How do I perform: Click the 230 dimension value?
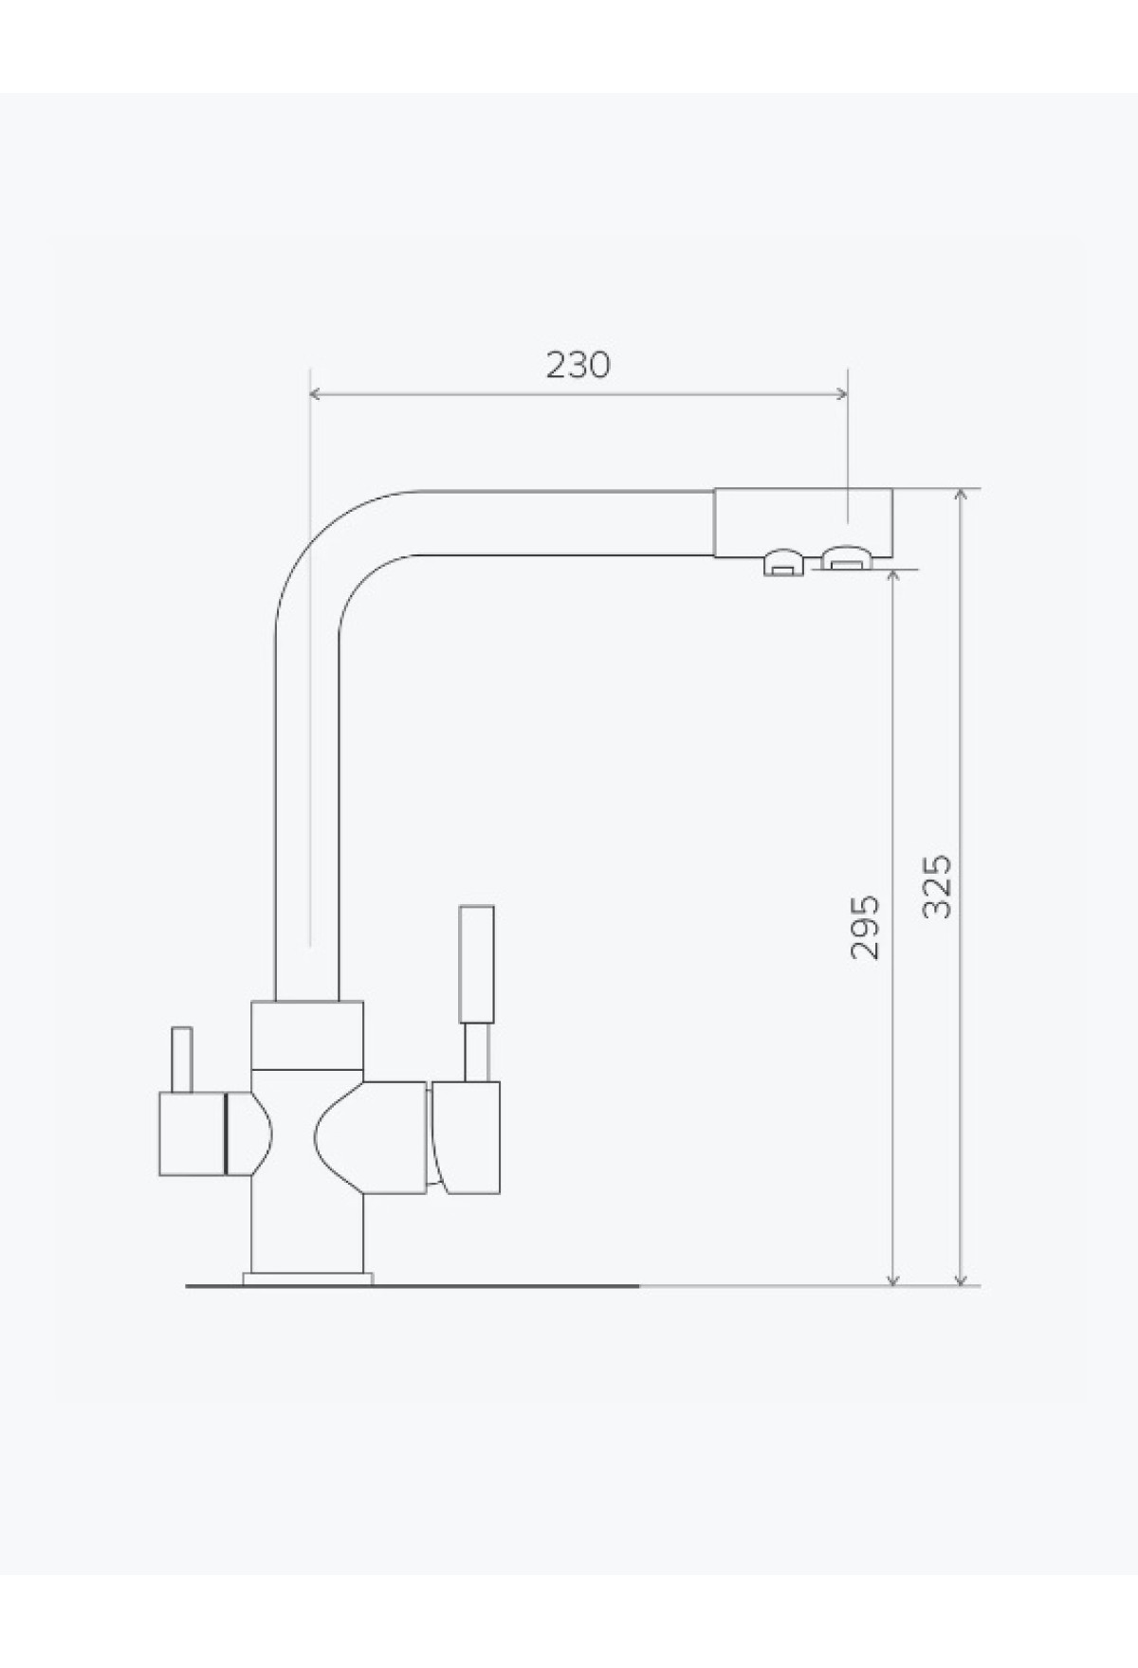(578, 365)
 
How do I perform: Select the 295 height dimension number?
(865, 927)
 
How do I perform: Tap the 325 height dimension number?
(937, 886)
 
